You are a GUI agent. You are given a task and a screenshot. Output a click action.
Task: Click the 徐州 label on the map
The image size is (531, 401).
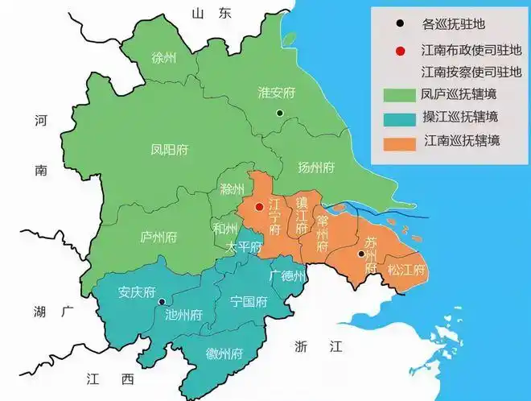point(163,58)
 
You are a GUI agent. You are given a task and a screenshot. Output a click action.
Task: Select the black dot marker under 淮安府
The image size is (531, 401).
point(279,113)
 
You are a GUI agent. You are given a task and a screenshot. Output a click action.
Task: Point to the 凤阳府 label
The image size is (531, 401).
point(169,150)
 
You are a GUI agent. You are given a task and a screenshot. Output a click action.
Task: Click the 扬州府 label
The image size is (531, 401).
point(315,167)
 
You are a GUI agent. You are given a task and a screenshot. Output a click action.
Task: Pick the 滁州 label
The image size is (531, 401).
point(232,189)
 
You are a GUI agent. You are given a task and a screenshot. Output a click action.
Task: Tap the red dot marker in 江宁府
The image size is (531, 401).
point(258,207)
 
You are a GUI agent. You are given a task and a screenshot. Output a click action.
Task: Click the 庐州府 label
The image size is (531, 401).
point(158,238)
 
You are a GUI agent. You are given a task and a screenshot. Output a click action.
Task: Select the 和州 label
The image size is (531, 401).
point(224,227)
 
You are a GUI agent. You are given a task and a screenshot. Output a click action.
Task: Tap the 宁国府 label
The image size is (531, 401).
point(248,303)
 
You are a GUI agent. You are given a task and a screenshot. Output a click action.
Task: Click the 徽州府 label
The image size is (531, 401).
point(224,353)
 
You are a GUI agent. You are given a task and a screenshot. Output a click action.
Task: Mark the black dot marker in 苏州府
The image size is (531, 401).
point(360,254)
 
